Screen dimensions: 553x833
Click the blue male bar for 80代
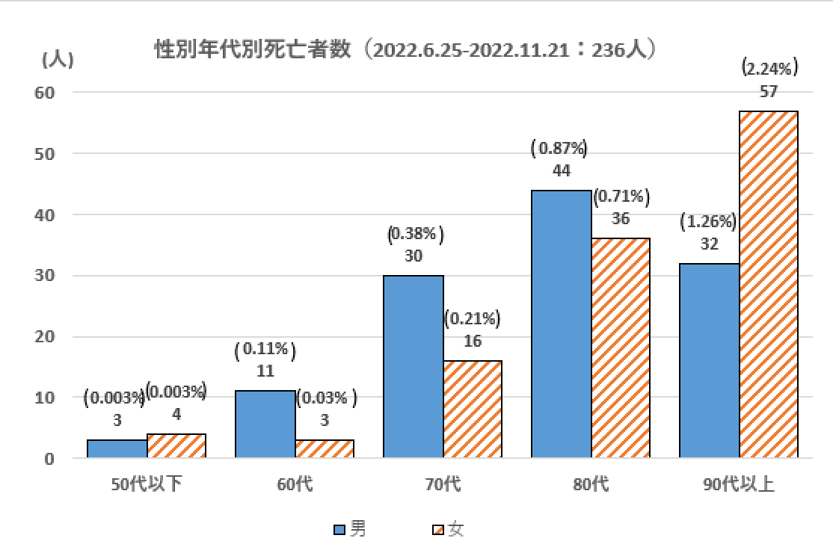[561, 324]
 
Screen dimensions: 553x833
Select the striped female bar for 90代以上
[769, 284]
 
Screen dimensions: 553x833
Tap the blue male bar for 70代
[413, 366]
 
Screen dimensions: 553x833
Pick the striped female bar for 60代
[324, 448]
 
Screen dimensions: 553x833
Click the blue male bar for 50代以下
[117, 448]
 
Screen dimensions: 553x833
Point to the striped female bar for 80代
[621, 347]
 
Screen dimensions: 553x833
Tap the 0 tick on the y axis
[49, 459]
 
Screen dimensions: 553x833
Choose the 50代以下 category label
[147, 484]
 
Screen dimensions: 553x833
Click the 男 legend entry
[351, 530]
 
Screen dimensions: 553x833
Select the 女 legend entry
[448, 530]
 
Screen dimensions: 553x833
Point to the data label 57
[769, 93]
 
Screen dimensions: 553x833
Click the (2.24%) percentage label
[769, 69]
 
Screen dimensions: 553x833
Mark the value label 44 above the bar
[561, 171]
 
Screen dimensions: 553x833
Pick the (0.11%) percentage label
[265, 349]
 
